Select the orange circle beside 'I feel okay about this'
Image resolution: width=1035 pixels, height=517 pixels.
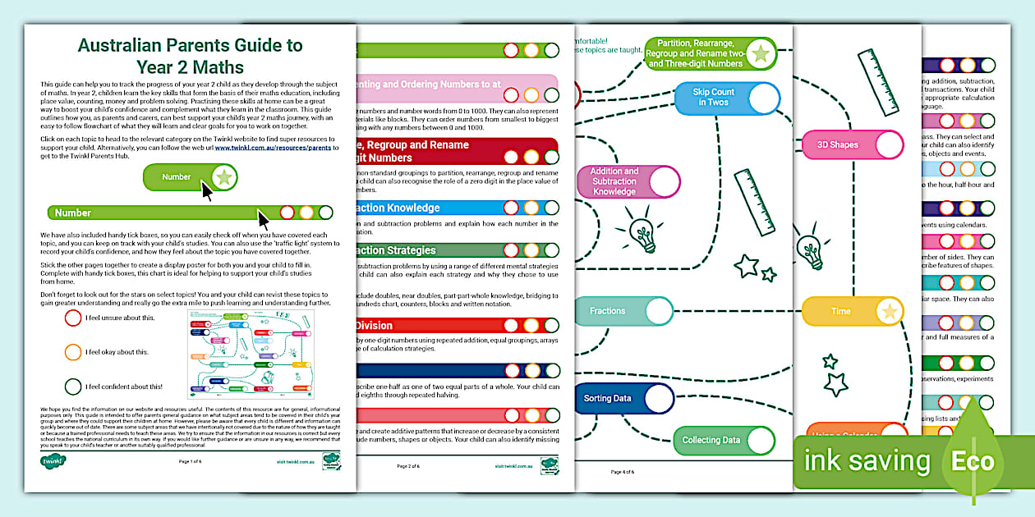point(73,351)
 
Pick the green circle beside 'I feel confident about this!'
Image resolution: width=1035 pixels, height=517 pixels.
point(73,386)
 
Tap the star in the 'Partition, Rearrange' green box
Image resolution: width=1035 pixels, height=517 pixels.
point(761,54)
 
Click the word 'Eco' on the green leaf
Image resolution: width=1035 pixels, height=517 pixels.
point(973,460)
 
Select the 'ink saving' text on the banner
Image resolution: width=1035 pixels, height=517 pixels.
point(867,460)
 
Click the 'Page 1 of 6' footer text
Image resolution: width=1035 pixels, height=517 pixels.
point(190,461)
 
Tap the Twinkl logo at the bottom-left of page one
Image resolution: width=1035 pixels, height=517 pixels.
point(53,460)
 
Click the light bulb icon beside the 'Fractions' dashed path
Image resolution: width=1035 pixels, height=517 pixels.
point(642,233)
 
